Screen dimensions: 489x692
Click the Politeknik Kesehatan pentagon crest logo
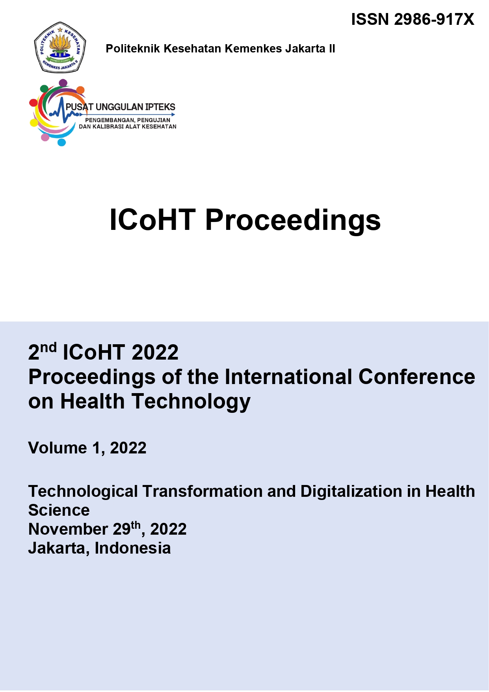pos(60,47)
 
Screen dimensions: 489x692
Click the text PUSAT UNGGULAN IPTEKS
pos(121,107)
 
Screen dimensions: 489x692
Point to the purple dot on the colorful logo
pos(63,83)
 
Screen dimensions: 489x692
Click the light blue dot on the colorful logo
pos(61,142)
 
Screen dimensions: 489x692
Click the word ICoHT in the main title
pos(152,220)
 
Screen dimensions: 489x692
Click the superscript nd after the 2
pos(48,347)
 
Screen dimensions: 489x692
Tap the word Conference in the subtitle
pos(416,377)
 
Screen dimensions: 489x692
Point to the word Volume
pos(58,448)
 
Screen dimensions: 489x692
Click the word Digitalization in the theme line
pos(351,491)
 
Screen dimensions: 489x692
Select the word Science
pos(59,510)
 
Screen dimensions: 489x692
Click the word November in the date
pos(68,529)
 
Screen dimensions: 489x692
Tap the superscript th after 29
pos(136,525)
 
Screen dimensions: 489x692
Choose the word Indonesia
pos(133,548)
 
